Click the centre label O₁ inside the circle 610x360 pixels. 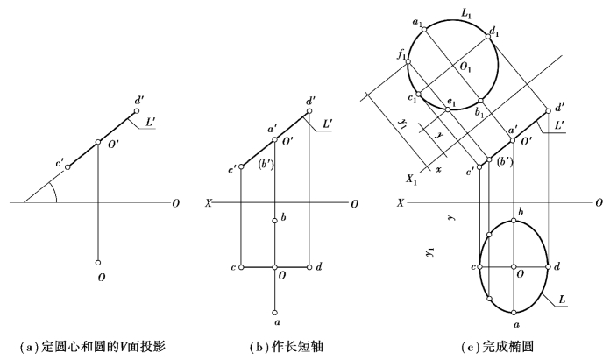coord(465,67)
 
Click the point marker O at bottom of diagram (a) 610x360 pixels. coord(99,261)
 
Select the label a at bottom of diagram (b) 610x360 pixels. coord(276,322)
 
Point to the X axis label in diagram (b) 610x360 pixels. coord(208,203)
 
